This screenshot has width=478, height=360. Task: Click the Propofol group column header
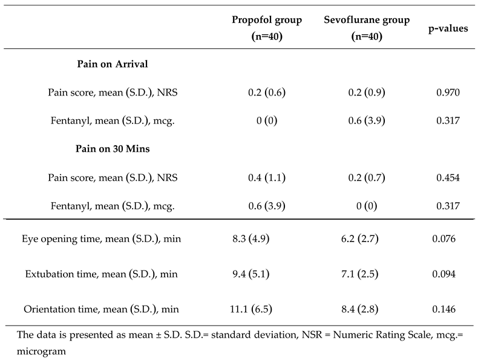[267, 28]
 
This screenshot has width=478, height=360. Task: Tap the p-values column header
[448, 28]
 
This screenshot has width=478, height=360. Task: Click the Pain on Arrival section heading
[113, 64]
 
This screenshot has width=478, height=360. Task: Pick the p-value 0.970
[448, 93]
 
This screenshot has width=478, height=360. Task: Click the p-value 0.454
[448, 177]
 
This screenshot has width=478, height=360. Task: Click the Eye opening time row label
[101, 239]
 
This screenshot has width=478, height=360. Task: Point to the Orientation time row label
[101, 310]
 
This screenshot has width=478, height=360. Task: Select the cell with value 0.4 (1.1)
[267, 177]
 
